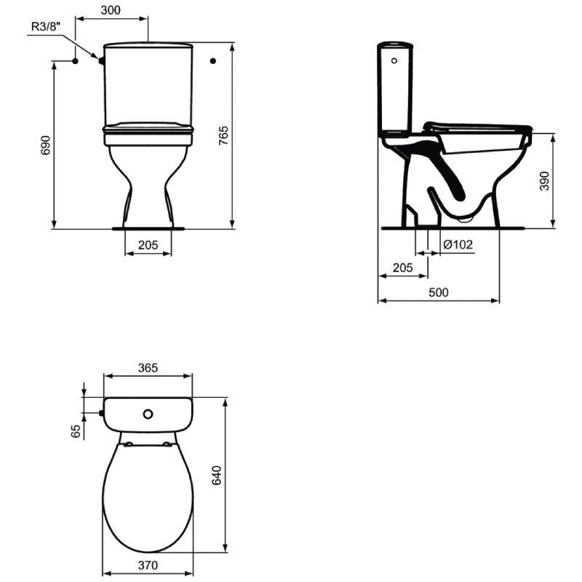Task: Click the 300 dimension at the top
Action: (x=111, y=10)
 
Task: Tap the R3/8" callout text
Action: (x=46, y=27)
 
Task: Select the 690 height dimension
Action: (x=45, y=145)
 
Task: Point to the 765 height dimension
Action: (x=223, y=135)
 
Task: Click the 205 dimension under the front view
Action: (x=148, y=245)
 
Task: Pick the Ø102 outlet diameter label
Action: (x=458, y=244)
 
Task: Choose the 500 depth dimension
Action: (x=439, y=292)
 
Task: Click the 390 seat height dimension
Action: (x=544, y=180)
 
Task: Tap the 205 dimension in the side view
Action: (x=403, y=268)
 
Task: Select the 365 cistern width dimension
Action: (x=148, y=368)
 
